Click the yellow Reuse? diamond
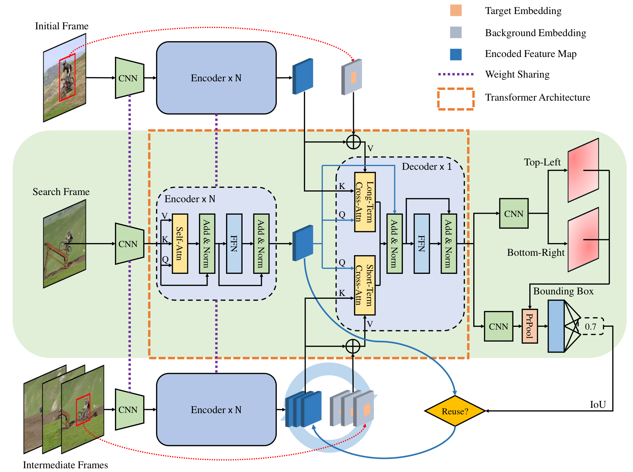click(x=455, y=411)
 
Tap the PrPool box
click(x=530, y=326)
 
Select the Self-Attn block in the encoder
click(x=180, y=244)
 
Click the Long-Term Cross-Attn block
click(x=365, y=202)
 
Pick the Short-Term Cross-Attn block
click(x=365, y=285)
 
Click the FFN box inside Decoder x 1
click(x=422, y=244)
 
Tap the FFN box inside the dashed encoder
click(x=234, y=244)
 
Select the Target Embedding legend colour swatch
click(x=456, y=10)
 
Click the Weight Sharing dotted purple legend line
click(x=456, y=74)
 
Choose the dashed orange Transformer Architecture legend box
click(x=456, y=99)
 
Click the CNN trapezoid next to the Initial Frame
click(x=130, y=78)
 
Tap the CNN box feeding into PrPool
click(x=498, y=326)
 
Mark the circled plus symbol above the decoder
click(x=353, y=142)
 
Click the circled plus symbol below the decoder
click(x=353, y=346)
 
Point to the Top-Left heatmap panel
click(x=583, y=170)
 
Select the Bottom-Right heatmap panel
click(x=583, y=240)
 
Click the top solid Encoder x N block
click(x=216, y=78)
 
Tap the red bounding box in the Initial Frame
click(x=67, y=77)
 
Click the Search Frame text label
click(x=61, y=192)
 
